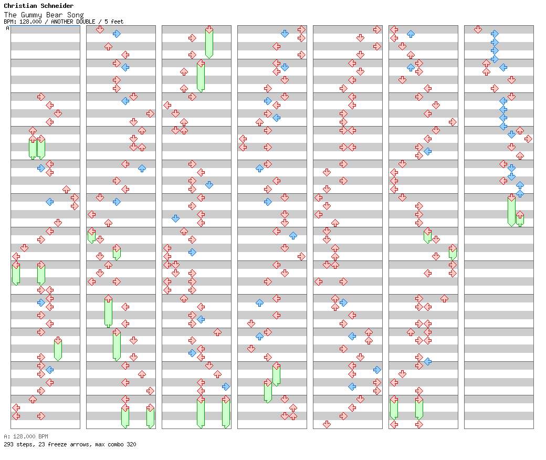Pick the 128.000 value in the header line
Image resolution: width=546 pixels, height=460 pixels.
point(27,22)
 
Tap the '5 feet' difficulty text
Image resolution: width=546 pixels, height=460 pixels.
point(114,22)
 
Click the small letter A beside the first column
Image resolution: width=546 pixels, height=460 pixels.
point(7,28)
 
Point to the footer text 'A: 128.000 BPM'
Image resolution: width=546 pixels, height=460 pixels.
point(26,436)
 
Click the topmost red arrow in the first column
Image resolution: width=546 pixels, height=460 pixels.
point(41,97)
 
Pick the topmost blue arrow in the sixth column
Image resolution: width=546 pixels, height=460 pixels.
point(411,34)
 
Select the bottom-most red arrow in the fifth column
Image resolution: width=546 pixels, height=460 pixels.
point(327,424)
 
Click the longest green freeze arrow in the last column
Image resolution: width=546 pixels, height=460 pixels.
point(511,210)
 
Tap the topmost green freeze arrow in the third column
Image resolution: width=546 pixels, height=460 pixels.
point(209,42)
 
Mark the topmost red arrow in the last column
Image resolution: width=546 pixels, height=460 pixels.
point(478,29)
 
